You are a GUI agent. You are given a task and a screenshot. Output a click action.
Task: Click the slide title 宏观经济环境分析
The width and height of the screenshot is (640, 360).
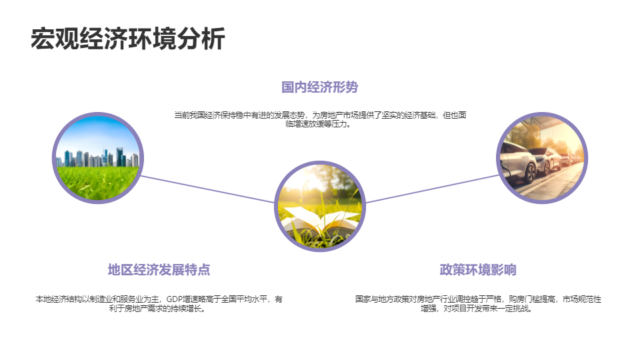point(128,39)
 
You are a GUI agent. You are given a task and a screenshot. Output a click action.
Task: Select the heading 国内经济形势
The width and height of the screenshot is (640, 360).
point(319,87)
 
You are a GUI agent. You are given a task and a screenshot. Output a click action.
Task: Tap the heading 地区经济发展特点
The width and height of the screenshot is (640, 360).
point(159,270)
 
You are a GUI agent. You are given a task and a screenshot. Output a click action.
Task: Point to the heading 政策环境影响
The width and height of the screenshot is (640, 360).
point(478,270)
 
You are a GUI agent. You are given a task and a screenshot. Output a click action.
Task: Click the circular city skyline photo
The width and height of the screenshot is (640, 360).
point(98,158)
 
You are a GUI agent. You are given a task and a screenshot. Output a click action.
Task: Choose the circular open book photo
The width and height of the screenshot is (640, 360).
point(320,207)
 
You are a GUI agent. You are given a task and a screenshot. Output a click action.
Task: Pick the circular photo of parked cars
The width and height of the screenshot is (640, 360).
point(541,158)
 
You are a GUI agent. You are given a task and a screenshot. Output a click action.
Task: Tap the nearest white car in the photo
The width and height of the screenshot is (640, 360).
point(517,161)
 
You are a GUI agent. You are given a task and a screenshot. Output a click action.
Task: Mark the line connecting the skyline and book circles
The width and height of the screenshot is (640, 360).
point(208,189)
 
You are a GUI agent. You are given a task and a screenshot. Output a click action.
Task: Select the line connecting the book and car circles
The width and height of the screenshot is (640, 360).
point(432,189)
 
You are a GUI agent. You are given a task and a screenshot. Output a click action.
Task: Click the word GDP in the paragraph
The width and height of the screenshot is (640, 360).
point(174,299)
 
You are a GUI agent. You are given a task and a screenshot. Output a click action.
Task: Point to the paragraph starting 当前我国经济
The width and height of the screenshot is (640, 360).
point(320,119)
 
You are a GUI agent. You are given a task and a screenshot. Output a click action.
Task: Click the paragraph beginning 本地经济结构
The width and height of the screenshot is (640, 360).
point(159,304)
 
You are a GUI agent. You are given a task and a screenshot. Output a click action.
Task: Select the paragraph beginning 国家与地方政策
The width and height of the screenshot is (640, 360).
point(478,304)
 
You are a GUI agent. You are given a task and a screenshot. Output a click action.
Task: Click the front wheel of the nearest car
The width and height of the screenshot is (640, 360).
point(530,172)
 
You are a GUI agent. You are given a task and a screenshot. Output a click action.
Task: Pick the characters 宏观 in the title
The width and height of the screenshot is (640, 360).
point(55,39)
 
